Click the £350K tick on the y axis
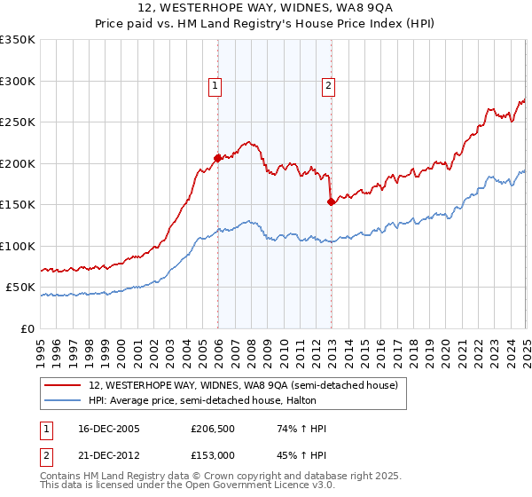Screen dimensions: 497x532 pyautogui.click(x=18, y=40)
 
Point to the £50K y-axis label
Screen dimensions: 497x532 pyautogui.click(x=20, y=288)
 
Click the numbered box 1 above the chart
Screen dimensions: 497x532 pyautogui.click(x=215, y=86)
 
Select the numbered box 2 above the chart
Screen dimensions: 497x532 pyautogui.click(x=328, y=86)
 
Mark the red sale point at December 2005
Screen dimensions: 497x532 pyautogui.click(x=218, y=159)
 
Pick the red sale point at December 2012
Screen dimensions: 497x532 pyautogui.click(x=332, y=202)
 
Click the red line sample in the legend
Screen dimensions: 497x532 pyautogui.click(x=63, y=385)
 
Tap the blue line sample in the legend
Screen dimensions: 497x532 pyautogui.click(x=63, y=400)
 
